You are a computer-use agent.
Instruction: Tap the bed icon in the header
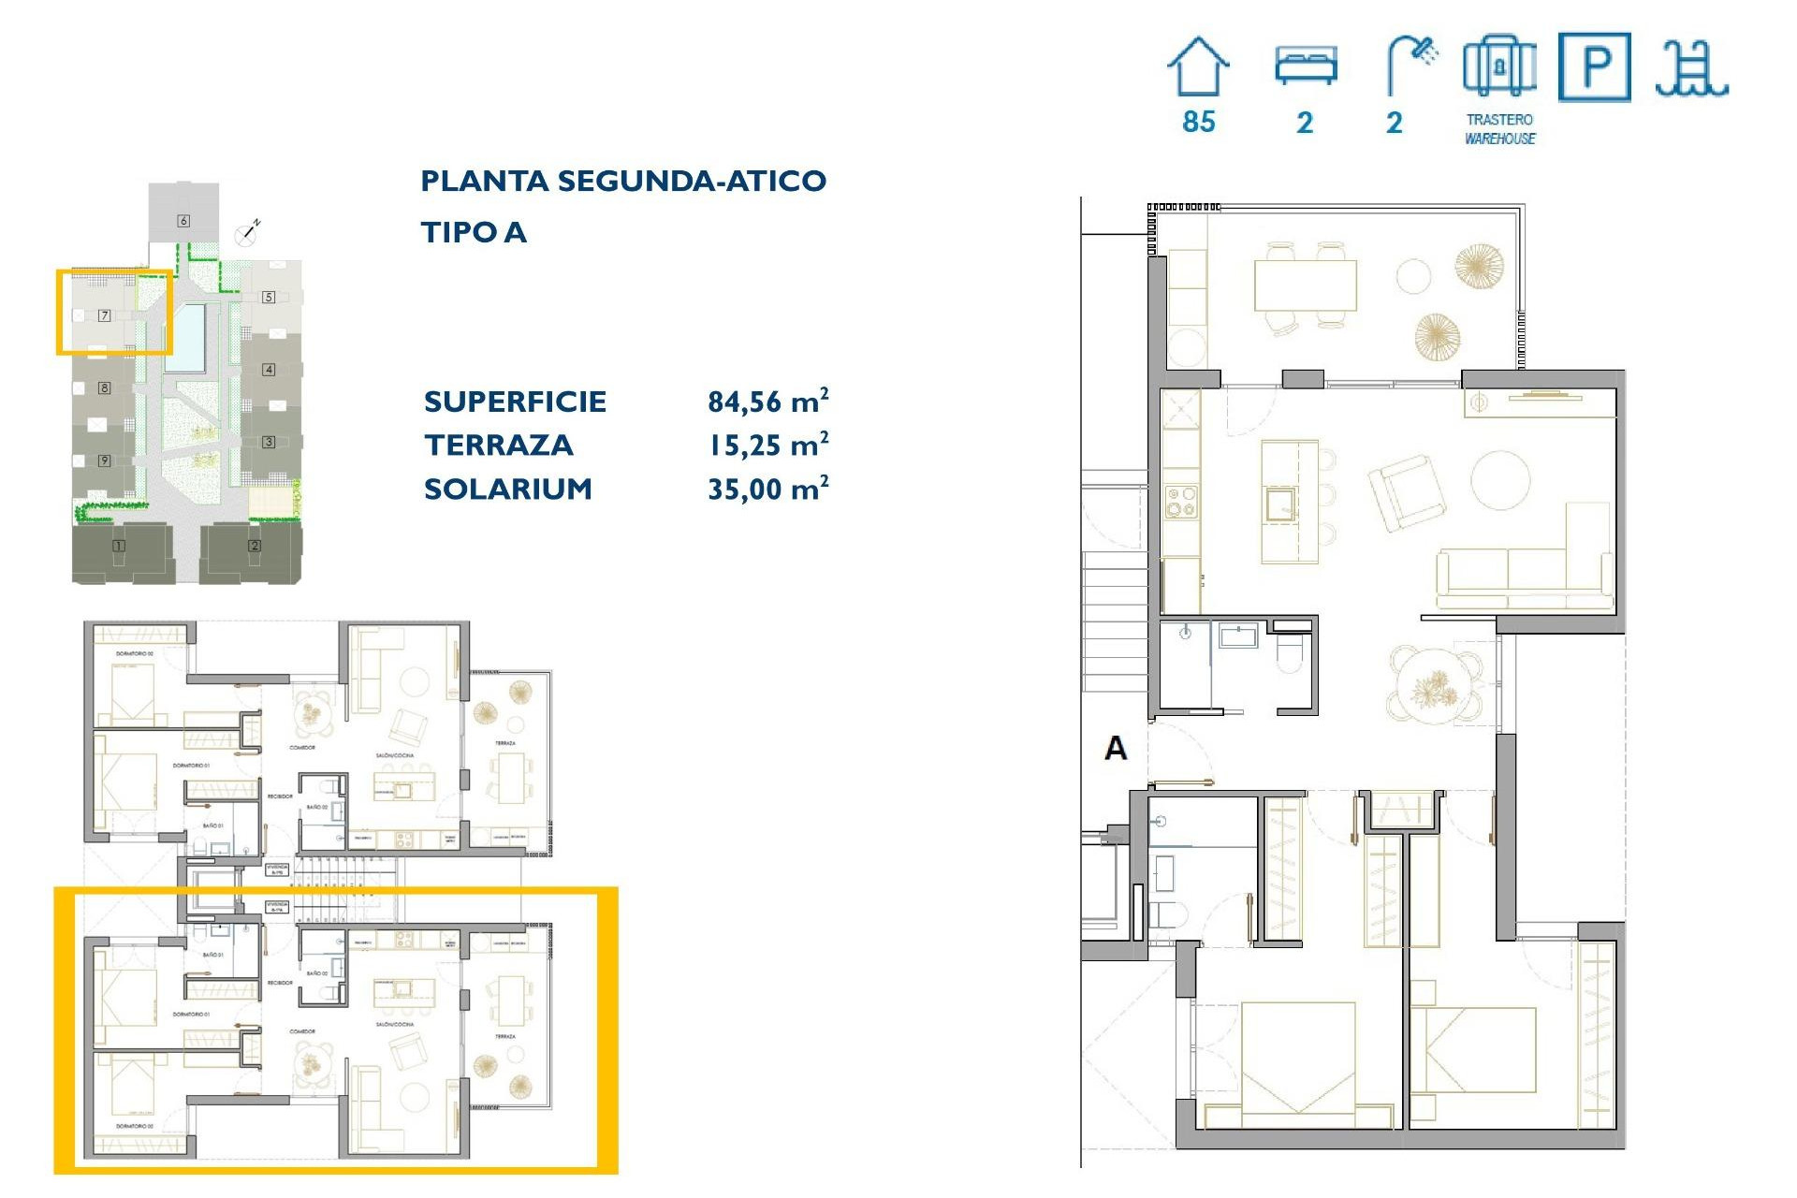[x=1306, y=66]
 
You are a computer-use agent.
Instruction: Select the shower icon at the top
[x=1411, y=64]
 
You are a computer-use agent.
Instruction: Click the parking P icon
[x=1595, y=66]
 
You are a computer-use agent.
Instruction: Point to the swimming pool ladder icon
[x=1690, y=68]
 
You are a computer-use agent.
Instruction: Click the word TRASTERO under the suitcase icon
[x=1499, y=120]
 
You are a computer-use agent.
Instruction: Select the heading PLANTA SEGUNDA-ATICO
[x=623, y=181]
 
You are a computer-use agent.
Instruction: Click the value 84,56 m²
[x=767, y=402]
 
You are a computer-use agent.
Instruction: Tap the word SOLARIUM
[x=508, y=489]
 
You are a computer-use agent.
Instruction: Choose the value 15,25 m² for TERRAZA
[x=767, y=446]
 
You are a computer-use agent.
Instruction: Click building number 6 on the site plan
[x=183, y=221]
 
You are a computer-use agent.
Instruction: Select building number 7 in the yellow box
[x=105, y=315]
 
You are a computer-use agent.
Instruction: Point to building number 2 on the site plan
[x=254, y=546]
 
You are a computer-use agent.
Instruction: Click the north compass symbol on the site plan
[x=247, y=233]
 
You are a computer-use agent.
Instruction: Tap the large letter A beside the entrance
[x=1116, y=748]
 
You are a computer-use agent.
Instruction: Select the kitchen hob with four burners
[x=1180, y=502]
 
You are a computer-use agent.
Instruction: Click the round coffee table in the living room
[x=1500, y=480]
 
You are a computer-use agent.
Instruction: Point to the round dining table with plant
[x=1435, y=685]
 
